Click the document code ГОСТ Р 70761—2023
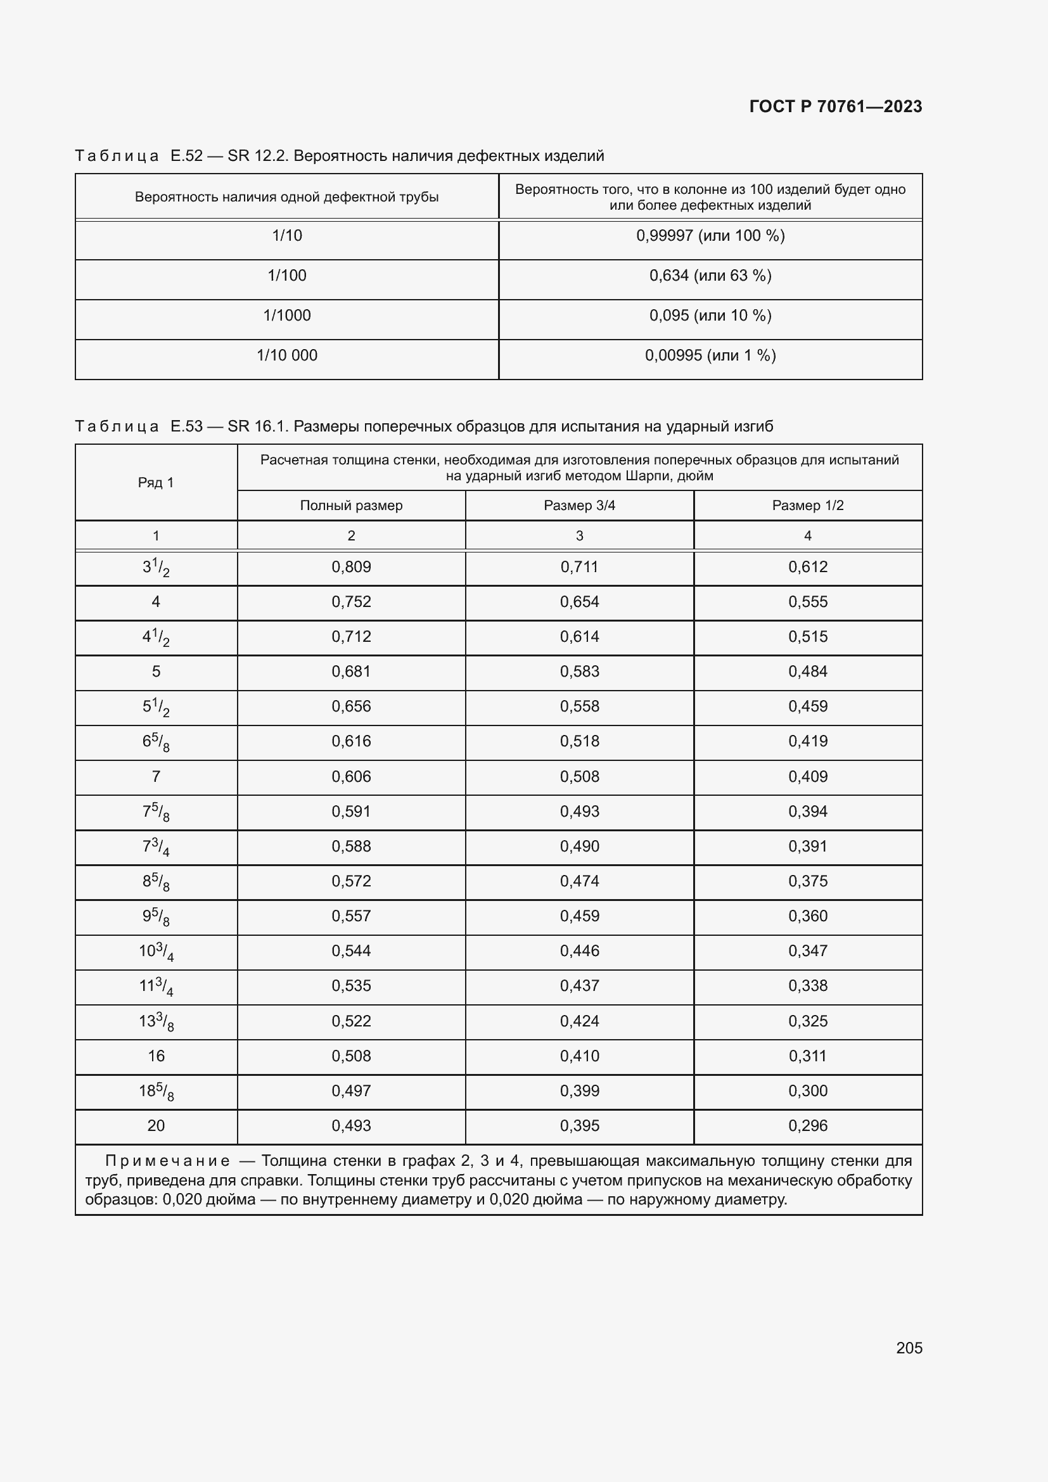pos(835,106)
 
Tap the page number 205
pos(909,1348)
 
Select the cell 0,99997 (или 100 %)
pos(710,236)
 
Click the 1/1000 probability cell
pos(286,316)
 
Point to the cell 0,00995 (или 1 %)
pos(710,355)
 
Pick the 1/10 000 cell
pos(286,355)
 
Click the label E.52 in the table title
pos(186,157)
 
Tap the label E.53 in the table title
pos(186,426)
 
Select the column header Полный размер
pos(351,506)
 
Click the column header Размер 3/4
pos(579,506)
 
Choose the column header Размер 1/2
pos(807,506)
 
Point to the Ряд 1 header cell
pos(155,483)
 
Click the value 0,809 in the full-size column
pos(351,567)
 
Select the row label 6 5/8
pos(155,743)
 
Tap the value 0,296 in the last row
pos(807,1127)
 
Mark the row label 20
pos(155,1127)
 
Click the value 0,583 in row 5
pos(579,672)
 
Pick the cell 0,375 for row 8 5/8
pos(807,882)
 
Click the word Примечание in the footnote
pos(167,1161)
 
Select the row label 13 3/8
pos(155,1022)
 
